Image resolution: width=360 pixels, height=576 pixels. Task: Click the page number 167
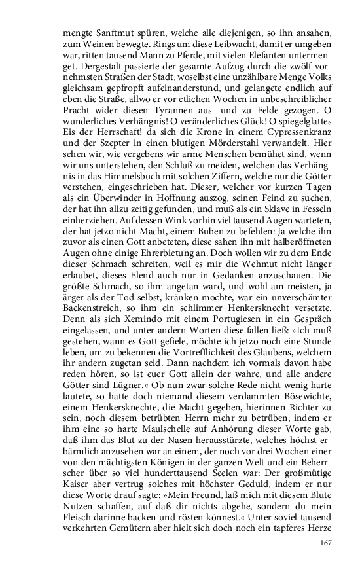click(x=327, y=543)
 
